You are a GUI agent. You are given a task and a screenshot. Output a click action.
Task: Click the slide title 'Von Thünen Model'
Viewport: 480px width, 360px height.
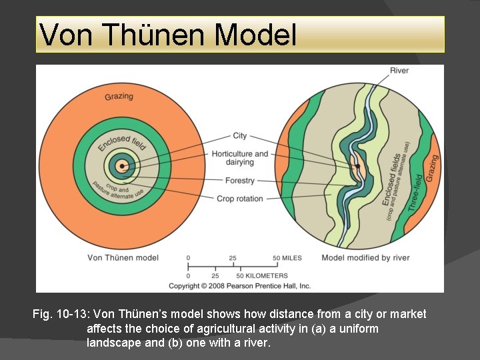tap(168, 35)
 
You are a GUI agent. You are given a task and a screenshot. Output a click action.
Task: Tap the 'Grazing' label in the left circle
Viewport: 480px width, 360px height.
tap(119, 97)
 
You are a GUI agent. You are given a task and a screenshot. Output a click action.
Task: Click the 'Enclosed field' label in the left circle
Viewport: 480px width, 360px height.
tap(121, 143)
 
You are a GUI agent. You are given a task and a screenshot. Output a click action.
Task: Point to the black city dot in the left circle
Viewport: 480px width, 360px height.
tap(122, 166)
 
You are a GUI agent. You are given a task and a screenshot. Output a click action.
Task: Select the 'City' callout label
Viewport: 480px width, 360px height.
tap(240, 136)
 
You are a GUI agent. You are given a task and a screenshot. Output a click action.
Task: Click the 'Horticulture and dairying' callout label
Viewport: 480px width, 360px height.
tap(240, 158)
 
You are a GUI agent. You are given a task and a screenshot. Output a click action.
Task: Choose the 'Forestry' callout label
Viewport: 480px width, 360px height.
tap(240, 181)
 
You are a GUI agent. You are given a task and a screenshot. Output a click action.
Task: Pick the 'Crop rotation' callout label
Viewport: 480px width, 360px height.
tap(240, 199)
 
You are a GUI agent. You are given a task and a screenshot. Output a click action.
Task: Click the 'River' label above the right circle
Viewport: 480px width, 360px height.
tap(399, 71)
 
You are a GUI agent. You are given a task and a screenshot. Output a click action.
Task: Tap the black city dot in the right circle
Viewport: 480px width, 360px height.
tap(357, 165)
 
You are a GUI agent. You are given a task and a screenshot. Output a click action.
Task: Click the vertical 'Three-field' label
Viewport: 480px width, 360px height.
tap(415, 193)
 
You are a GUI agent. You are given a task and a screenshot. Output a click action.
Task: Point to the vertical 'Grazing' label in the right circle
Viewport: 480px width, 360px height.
tap(432, 168)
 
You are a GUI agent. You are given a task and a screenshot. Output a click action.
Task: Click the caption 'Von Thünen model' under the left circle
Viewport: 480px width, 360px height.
tap(123, 257)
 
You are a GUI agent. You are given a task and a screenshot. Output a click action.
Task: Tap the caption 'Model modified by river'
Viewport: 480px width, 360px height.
tap(365, 257)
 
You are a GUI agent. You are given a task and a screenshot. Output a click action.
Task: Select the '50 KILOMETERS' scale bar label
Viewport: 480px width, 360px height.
tap(262, 275)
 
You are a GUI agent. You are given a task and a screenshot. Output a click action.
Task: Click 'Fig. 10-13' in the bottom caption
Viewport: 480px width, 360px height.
tap(62, 314)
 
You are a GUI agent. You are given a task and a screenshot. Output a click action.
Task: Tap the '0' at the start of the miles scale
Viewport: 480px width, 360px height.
tap(188, 257)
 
